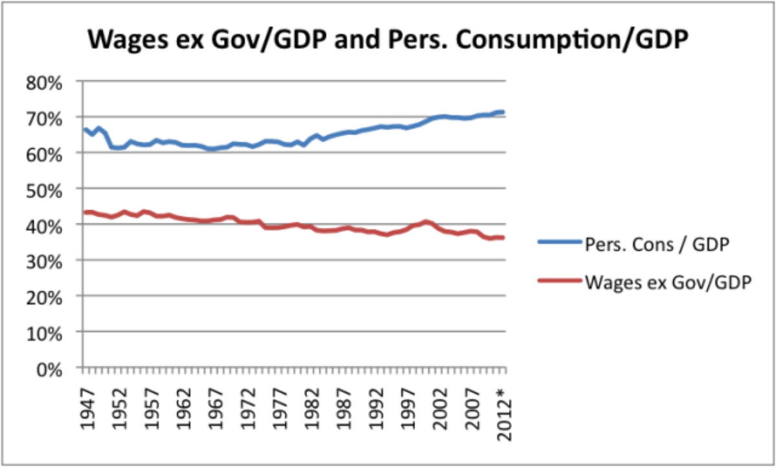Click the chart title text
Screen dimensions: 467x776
tap(388, 41)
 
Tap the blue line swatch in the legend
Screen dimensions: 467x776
tap(557, 243)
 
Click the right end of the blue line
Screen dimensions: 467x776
tap(503, 112)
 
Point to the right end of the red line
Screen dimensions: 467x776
tap(503, 238)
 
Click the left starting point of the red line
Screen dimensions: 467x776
tap(85, 212)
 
